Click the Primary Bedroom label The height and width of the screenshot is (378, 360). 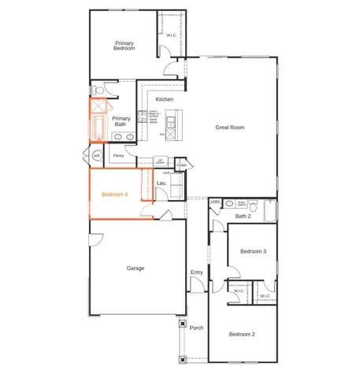(124, 46)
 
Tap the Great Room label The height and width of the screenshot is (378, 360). (233, 127)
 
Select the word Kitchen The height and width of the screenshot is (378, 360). (164, 99)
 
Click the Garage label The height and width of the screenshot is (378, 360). (135, 269)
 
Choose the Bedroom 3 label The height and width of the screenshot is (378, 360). (253, 251)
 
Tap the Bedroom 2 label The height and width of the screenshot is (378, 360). (242, 335)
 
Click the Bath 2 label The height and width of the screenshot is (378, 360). (243, 215)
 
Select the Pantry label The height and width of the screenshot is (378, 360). (119, 155)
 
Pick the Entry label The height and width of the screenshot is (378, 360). (197, 272)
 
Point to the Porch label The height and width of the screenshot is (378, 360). (197, 328)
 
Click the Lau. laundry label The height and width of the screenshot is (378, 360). (161, 183)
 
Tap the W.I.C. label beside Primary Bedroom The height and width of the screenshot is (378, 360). (172, 35)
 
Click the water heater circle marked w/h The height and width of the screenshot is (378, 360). (97, 156)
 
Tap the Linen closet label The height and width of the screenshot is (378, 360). (215, 202)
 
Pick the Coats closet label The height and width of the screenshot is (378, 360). (181, 165)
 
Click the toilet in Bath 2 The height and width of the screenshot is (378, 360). (229, 204)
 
